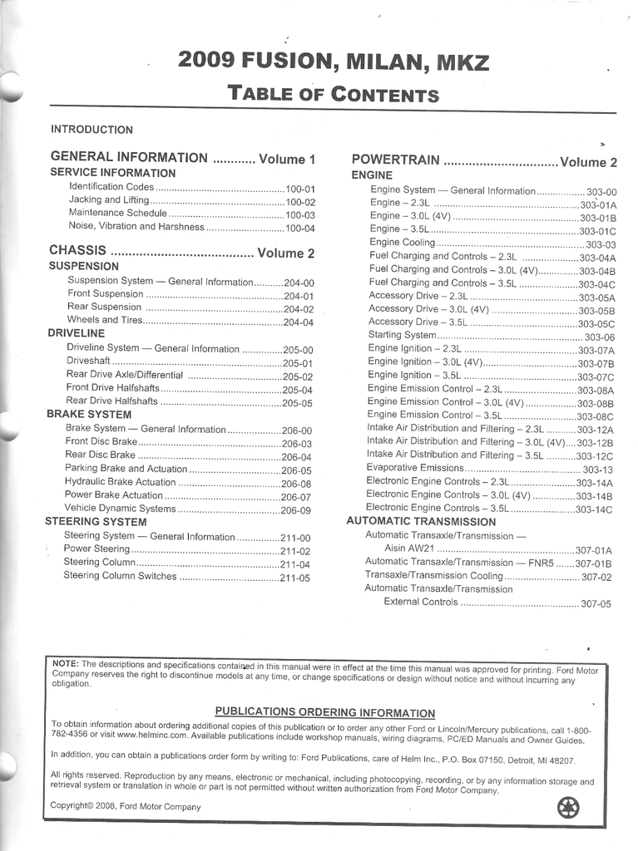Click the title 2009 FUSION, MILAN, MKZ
pos(333,61)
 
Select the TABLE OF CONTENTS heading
pos(333,93)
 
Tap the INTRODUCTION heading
pos(91,130)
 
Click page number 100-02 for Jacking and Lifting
pos(300,202)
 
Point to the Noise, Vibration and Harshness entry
pos(136,227)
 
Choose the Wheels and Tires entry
pos(105,320)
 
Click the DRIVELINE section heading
pos(76,333)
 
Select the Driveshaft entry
pos(88,362)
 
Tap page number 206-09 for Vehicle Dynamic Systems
pos(296,510)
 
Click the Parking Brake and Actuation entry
pos(126,469)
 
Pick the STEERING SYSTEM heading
pos(96,522)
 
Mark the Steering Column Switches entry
pos(120,576)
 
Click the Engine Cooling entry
pos(403,243)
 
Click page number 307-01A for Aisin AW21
pos(593,550)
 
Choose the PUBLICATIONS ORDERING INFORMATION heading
pos(324,712)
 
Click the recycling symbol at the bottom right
pos(568,806)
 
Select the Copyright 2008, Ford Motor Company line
pos(126,806)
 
